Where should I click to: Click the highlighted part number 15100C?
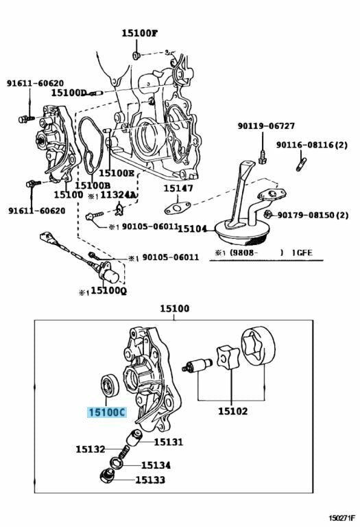(x=107, y=412)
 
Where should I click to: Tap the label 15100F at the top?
(x=139, y=33)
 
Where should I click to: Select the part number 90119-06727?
(x=266, y=126)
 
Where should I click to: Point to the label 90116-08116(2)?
(x=312, y=145)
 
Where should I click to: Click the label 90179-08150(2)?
(x=313, y=214)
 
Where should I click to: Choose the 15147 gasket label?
(x=178, y=188)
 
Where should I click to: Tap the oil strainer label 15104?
(x=192, y=229)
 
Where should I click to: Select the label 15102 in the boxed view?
(x=232, y=411)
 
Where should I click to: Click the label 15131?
(x=169, y=442)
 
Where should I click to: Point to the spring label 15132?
(x=91, y=449)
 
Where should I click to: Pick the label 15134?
(x=156, y=465)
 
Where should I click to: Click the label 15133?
(x=150, y=480)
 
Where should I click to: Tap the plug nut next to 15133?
(x=108, y=477)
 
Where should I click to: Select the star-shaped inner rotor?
(x=228, y=358)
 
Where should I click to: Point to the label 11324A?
(x=119, y=195)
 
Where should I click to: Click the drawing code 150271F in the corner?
(x=341, y=516)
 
